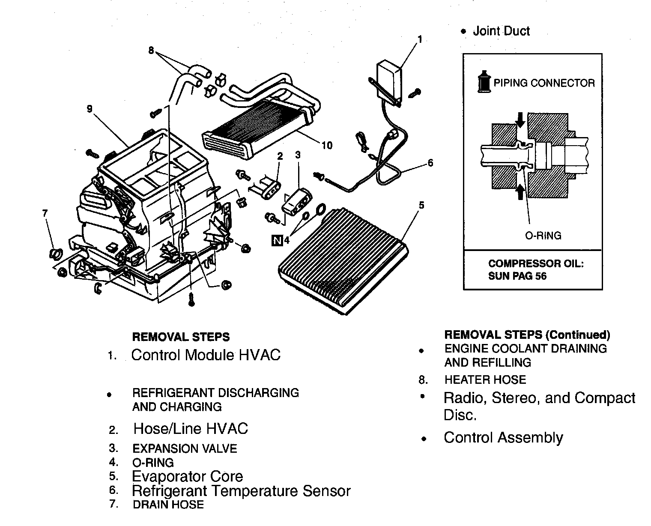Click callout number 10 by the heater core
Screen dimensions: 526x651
pos(327,146)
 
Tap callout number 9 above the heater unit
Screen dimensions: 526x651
pos(90,109)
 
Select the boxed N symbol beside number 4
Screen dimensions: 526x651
pos(277,241)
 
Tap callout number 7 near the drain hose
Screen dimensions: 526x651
pos(45,213)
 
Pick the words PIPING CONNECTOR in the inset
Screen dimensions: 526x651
pos(544,83)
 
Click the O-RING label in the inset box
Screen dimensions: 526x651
pos(543,235)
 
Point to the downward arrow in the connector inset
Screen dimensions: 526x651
pos(520,120)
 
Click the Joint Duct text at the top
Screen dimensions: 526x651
pos(501,31)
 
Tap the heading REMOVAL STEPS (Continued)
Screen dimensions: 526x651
pos(527,335)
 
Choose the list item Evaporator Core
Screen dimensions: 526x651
pos(187,476)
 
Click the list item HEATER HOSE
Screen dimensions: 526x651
pos(485,380)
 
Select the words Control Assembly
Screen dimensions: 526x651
pos(503,437)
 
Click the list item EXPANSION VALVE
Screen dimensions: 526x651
pos(185,448)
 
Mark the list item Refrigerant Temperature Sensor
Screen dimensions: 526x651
pos(241,490)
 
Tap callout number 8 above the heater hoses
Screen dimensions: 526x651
pos(151,51)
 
